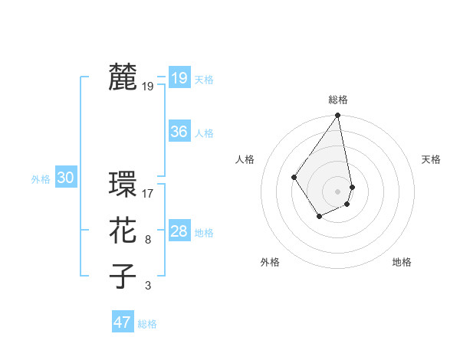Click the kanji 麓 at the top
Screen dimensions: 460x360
click(x=123, y=78)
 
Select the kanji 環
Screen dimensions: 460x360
click(x=123, y=185)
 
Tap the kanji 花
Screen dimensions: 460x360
click(x=123, y=230)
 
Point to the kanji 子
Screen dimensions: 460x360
click(x=123, y=276)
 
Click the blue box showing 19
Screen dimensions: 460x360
click(x=179, y=78)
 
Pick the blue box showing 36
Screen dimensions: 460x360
click(x=179, y=132)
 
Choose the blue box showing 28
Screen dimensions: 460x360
click(x=179, y=231)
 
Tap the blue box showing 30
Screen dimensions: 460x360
click(x=66, y=178)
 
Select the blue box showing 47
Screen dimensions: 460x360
click(x=123, y=322)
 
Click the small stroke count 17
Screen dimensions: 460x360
click(x=148, y=193)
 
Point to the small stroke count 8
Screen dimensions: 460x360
click(x=148, y=240)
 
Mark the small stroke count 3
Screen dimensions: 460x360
click(x=148, y=286)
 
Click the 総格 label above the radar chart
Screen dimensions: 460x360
click(x=338, y=100)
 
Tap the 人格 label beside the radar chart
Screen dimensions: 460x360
click(x=245, y=159)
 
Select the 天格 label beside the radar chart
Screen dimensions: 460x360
click(x=431, y=159)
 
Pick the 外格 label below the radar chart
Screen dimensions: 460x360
click(x=270, y=262)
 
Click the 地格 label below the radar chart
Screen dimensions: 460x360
click(x=402, y=262)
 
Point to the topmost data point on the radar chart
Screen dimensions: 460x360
click(x=338, y=116)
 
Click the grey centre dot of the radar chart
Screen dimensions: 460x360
click(x=338, y=191)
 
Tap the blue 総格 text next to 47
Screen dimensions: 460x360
click(x=147, y=324)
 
